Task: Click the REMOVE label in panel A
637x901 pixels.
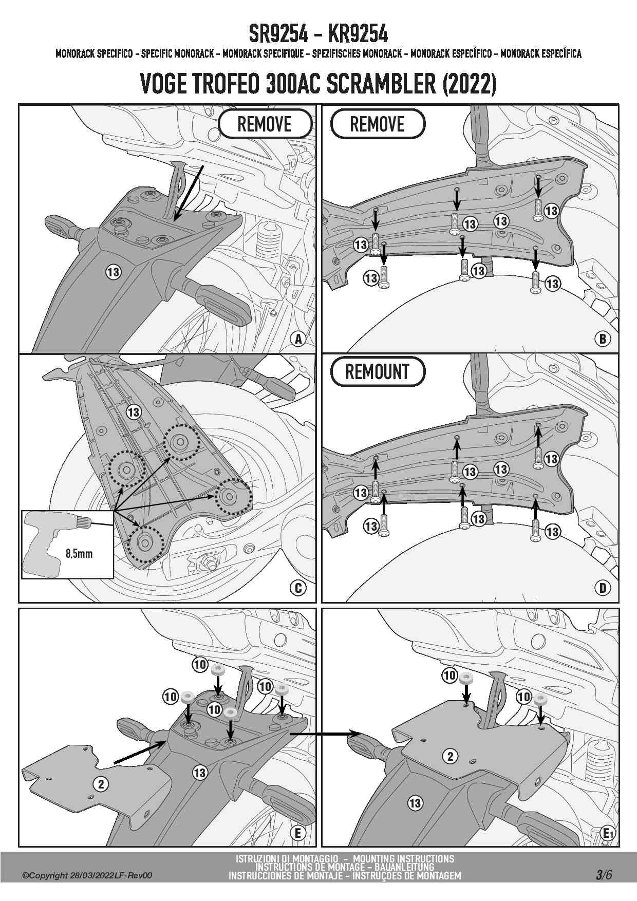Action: point(265,124)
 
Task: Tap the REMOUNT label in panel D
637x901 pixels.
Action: point(378,372)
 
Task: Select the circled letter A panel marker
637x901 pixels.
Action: point(298,339)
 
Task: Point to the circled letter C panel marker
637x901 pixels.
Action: point(298,588)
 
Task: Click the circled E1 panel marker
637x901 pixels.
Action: point(608,833)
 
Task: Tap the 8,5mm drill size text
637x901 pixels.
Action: point(79,554)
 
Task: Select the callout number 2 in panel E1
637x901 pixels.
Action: point(451,756)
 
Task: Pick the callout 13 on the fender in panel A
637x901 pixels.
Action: point(114,272)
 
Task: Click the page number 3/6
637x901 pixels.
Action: point(604,875)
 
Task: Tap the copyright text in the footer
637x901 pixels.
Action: point(87,876)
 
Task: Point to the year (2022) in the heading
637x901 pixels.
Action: point(470,84)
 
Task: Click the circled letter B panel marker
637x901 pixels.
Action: point(603,339)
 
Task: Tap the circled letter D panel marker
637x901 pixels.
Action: point(603,588)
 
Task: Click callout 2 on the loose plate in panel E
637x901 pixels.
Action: point(101,784)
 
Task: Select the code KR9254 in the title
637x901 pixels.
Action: point(358,34)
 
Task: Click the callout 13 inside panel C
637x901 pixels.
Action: point(134,412)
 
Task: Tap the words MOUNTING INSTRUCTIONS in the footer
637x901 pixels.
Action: point(403,859)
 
